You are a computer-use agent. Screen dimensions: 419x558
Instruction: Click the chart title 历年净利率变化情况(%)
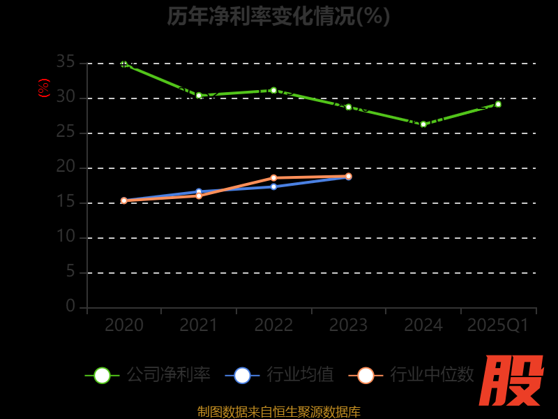[278, 16]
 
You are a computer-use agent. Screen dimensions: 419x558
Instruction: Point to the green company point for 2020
[124, 64]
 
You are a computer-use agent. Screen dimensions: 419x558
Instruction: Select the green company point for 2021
[199, 95]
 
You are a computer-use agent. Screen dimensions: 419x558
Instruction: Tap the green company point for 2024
[423, 124]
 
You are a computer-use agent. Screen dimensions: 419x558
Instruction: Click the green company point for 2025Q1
[498, 104]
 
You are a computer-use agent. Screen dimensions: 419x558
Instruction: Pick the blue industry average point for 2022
[273, 186]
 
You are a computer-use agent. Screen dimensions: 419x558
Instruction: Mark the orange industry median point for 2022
[273, 177]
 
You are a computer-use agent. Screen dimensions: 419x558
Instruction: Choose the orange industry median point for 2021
[199, 196]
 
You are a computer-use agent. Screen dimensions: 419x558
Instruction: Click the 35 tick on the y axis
[66, 62]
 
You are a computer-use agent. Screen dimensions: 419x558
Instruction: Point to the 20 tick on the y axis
[66, 167]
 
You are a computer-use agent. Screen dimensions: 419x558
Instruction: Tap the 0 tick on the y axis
[70, 307]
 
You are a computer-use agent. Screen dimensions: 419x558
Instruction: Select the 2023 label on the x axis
[348, 325]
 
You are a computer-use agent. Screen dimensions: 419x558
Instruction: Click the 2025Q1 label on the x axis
[498, 325]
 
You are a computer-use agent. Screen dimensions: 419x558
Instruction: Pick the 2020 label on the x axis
[124, 325]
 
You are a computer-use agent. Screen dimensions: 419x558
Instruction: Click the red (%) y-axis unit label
[44, 88]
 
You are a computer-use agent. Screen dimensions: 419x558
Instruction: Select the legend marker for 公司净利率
[102, 375]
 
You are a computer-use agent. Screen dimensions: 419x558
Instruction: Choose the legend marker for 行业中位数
[365, 375]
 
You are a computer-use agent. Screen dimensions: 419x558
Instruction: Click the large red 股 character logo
[511, 381]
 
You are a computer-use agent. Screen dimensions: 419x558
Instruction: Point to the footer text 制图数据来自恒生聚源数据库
[278, 411]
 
